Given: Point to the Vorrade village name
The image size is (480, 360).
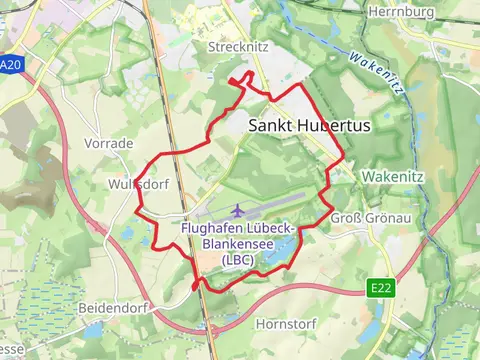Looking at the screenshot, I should (109, 144).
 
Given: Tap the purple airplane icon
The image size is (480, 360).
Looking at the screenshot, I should (237, 210).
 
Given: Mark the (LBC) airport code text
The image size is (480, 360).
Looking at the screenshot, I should (238, 259).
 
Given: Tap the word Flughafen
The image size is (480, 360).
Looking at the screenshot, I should (211, 228).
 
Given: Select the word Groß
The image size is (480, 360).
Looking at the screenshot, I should (345, 219).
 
